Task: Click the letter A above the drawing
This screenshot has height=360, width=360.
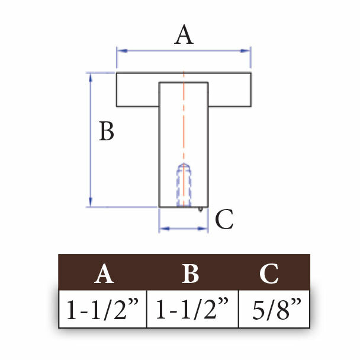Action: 184,35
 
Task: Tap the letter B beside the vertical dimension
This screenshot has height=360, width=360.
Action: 107,131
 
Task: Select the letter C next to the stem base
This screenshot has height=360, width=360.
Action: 224,219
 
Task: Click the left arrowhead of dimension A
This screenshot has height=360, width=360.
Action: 122,50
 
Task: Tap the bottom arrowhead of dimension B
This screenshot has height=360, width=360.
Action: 91,202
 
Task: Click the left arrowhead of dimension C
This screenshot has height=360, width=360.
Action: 165,229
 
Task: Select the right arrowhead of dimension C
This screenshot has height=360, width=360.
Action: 202,229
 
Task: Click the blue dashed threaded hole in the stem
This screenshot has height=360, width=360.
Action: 184,185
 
